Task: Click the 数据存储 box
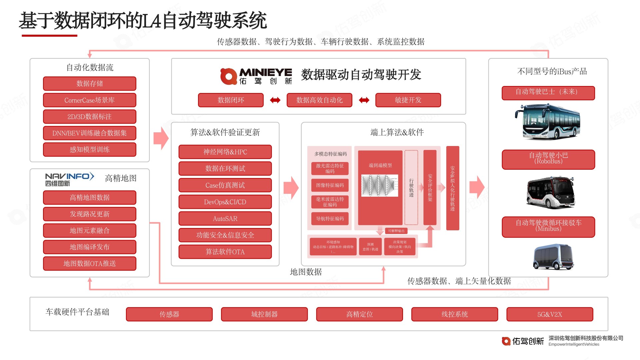tap(90, 83)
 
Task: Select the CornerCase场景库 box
tap(90, 100)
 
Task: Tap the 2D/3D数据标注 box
tap(90, 117)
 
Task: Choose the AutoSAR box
tap(225, 219)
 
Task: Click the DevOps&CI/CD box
tap(225, 202)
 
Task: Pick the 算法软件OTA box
tap(225, 252)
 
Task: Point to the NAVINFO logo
tap(70, 179)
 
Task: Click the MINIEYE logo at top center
tap(256, 76)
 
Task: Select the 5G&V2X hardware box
tap(550, 314)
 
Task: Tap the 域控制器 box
tap(264, 314)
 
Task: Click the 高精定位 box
tap(359, 314)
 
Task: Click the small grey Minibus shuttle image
tap(553, 257)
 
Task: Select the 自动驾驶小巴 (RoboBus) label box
tap(548, 159)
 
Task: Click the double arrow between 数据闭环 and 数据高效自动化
tap(275, 100)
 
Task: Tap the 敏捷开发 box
tap(408, 100)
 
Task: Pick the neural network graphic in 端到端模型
tap(380, 185)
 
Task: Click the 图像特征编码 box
tap(330, 185)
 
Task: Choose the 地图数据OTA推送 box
tap(90, 263)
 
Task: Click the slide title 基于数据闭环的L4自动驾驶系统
tap(143, 21)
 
